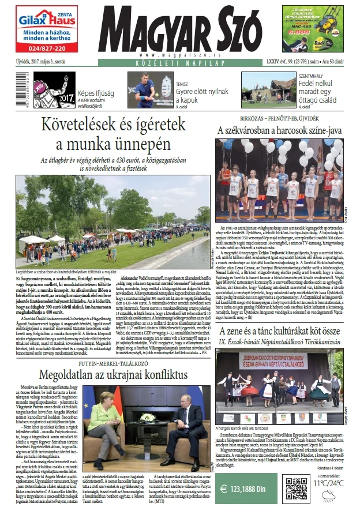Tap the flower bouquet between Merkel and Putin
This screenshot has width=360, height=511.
pyautogui.click(x=148, y=416)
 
